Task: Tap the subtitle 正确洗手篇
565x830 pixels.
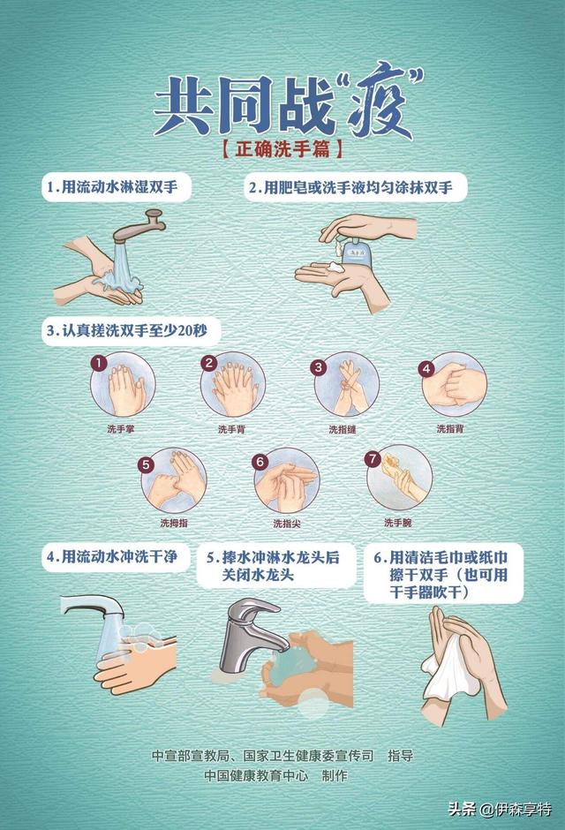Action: [282, 148]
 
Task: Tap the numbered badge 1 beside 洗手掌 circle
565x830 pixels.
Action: [99, 363]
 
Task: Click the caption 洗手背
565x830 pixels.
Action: [230, 429]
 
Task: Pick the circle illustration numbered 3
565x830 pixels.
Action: [347, 386]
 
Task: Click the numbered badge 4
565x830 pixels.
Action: [426, 367]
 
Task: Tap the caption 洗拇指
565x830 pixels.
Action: [173, 523]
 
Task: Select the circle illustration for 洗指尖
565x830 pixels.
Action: [286, 479]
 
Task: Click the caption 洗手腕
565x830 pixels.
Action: [397, 523]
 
